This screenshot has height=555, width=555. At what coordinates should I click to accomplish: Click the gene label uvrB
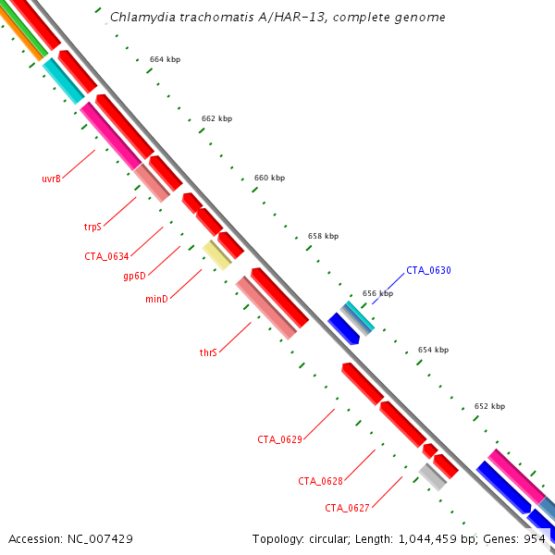click(51, 179)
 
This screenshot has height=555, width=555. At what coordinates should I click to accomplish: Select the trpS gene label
click(92, 226)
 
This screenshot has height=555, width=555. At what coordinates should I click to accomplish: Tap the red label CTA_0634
click(107, 256)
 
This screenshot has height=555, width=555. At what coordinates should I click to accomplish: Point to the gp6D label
click(134, 275)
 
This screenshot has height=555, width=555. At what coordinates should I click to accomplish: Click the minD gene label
click(156, 299)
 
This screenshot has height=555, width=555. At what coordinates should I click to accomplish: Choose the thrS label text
click(208, 352)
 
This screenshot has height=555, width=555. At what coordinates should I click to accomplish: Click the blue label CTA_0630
click(428, 271)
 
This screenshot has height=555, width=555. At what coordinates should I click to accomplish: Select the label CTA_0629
click(279, 439)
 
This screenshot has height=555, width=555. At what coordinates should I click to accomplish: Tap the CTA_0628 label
click(320, 481)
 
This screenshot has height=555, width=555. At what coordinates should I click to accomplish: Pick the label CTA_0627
click(347, 508)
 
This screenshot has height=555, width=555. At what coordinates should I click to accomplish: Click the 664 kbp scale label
click(165, 59)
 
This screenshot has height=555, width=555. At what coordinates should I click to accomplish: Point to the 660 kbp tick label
click(269, 178)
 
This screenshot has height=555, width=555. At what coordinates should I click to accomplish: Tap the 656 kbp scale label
click(377, 293)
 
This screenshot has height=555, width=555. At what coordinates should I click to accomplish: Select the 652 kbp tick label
click(489, 406)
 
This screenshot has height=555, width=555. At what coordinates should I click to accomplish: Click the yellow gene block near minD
click(217, 254)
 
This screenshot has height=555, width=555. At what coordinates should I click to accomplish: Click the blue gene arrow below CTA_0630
click(343, 328)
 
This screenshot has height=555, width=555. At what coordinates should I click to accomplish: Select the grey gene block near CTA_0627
click(433, 477)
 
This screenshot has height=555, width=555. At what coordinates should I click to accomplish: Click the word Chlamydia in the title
click(139, 18)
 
